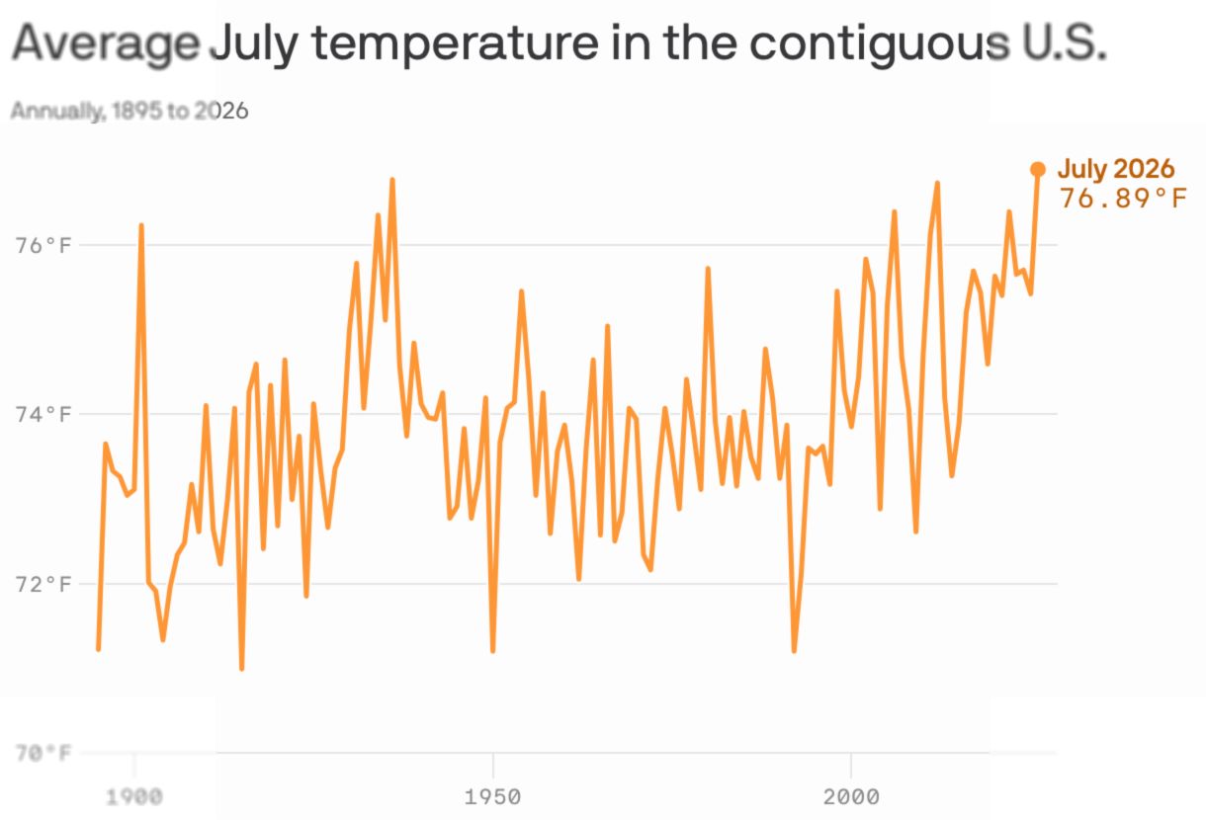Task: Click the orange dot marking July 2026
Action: pyautogui.click(x=1038, y=170)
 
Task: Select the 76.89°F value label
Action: pyautogui.click(x=1123, y=198)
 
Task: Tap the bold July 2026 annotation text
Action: pyautogui.click(x=1115, y=168)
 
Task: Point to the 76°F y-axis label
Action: pyautogui.click(x=43, y=245)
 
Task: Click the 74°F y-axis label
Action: pyautogui.click(x=43, y=414)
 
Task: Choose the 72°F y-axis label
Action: pyautogui.click(x=43, y=584)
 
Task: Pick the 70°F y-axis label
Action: pyautogui.click(x=43, y=753)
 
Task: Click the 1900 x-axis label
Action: pyautogui.click(x=134, y=797)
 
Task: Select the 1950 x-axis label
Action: pyautogui.click(x=492, y=797)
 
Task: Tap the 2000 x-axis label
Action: pyautogui.click(x=851, y=797)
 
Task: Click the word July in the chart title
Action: pyautogui.click(x=254, y=44)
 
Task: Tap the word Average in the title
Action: pyautogui.click(x=106, y=44)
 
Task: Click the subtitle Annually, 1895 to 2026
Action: pyautogui.click(x=129, y=111)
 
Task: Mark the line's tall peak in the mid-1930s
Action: pyautogui.click(x=392, y=180)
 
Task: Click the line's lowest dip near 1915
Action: pyautogui.click(x=242, y=669)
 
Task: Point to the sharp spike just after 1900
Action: pyautogui.click(x=141, y=225)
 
